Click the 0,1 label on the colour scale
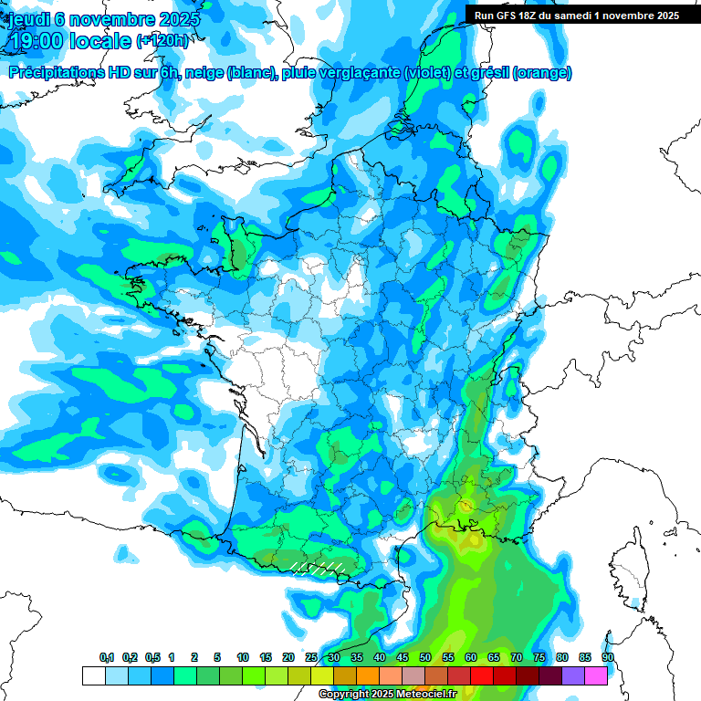pos(107,657)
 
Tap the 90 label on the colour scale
pos(608,657)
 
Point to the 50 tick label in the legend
pos(425,657)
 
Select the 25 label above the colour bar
pos(311,657)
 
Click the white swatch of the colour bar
pos(93,675)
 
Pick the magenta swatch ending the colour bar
pos(596,675)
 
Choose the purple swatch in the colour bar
pos(573,675)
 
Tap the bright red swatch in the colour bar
pos(482,675)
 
